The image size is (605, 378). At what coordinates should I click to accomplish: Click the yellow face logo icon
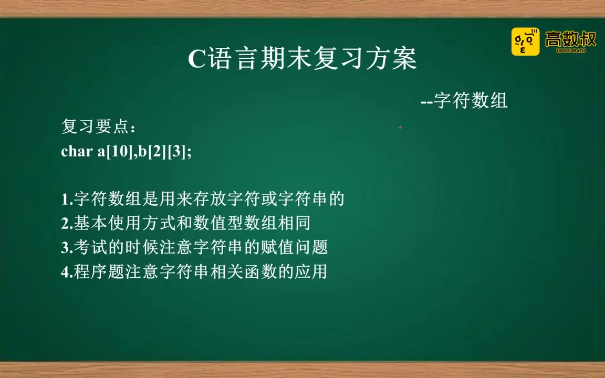(525, 41)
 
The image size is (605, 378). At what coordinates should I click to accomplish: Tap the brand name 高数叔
(571, 39)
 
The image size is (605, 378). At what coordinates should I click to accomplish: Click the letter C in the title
(197, 59)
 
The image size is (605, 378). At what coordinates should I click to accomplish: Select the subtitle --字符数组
(464, 100)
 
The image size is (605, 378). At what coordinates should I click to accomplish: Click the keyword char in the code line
(77, 151)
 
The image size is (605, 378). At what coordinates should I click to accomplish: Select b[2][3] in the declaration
(162, 151)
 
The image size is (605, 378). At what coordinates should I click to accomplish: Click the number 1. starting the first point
(67, 199)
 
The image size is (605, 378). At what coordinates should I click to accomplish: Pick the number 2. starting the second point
(67, 224)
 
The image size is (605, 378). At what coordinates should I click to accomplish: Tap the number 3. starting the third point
(67, 248)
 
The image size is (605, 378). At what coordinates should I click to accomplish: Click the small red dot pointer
(401, 127)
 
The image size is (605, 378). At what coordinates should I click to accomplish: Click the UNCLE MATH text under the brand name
(571, 50)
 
